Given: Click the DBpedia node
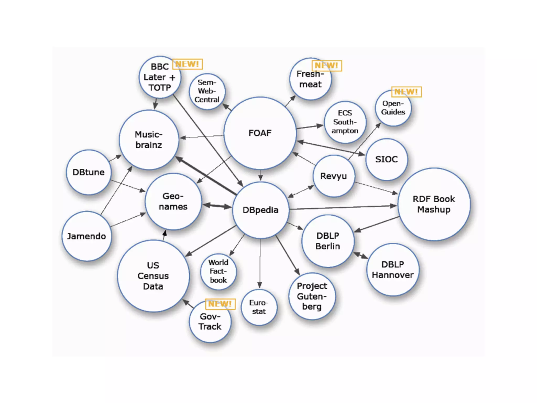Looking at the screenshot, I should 260,210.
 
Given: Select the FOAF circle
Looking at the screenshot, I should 260,133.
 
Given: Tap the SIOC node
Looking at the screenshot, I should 386,159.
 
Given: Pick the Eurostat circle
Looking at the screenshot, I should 259,307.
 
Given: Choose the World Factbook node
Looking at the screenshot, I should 218,271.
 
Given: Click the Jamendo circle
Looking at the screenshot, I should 87,236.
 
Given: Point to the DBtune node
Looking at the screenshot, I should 88,172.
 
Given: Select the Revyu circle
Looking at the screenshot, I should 334,176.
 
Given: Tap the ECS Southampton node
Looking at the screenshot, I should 345,122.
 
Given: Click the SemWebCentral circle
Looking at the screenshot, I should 207,91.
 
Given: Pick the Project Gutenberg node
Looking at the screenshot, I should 312,296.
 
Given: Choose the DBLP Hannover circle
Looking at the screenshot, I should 393,270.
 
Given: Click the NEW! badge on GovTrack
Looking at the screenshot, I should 220,304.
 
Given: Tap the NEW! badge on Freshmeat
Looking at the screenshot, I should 326,66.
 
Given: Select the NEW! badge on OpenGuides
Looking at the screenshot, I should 406,92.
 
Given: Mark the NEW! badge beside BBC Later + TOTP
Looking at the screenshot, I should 187,64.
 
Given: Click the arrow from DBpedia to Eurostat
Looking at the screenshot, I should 260,262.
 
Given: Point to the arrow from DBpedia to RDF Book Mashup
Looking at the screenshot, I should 341,208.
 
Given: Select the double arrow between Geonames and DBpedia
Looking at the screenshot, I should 217,206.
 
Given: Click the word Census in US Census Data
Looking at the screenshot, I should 153,276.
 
